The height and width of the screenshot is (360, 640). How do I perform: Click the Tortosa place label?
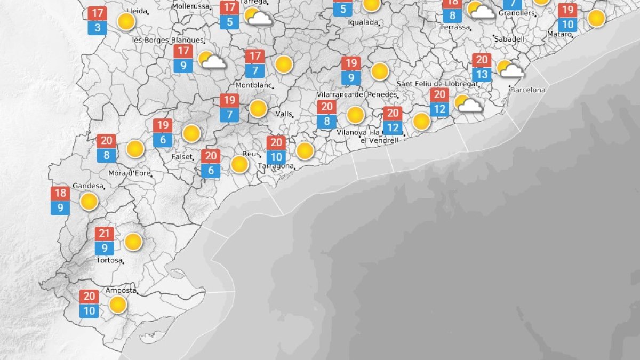[x=109, y=260]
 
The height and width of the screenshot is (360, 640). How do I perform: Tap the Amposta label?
[x=121, y=291]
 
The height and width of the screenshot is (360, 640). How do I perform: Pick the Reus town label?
[x=251, y=154]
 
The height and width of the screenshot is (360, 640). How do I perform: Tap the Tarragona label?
[x=275, y=166]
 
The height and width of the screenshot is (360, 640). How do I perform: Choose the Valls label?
[x=284, y=114]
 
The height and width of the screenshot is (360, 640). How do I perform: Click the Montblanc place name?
[x=254, y=85]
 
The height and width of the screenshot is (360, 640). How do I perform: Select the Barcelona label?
[x=527, y=90]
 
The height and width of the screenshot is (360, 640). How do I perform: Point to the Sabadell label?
[x=509, y=39]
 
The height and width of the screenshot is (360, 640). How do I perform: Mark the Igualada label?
[x=363, y=23]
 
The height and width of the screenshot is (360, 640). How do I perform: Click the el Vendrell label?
[x=379, y=140]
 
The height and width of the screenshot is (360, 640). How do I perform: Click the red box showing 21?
[x=105, y=234]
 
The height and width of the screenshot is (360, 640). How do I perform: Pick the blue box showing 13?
[x=482, y=75]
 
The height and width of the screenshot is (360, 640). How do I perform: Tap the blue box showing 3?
[x=98, y=28]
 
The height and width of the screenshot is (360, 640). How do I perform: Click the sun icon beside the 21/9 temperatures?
[x=133, y=242]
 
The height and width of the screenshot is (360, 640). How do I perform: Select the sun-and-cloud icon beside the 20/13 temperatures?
[x=509, y=69]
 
